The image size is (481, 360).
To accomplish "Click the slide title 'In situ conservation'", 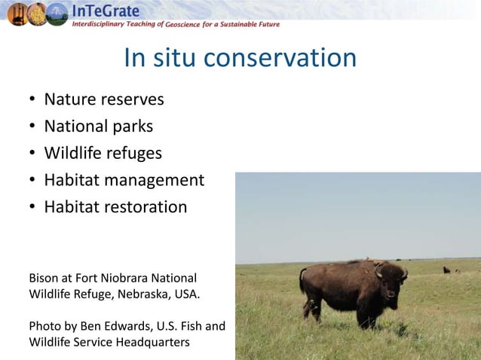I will tap(240, 58).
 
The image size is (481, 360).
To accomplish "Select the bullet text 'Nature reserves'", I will tap(104, 99).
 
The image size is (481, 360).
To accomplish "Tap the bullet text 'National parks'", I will tap(99, 127).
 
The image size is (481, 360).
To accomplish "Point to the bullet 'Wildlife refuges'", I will tap(103, 154).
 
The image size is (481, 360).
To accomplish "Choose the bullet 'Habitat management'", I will tap(124, 181).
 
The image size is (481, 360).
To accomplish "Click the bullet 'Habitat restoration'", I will tap(115, 207).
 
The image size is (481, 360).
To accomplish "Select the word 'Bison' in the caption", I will tap(43, 278).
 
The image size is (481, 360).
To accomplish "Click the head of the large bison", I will tap(391, 277).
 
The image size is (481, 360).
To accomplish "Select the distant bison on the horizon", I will tap(446, 269).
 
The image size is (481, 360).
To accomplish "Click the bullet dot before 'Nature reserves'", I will tap(32, 100).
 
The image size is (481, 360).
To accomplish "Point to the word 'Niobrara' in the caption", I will tap(124, 278).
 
